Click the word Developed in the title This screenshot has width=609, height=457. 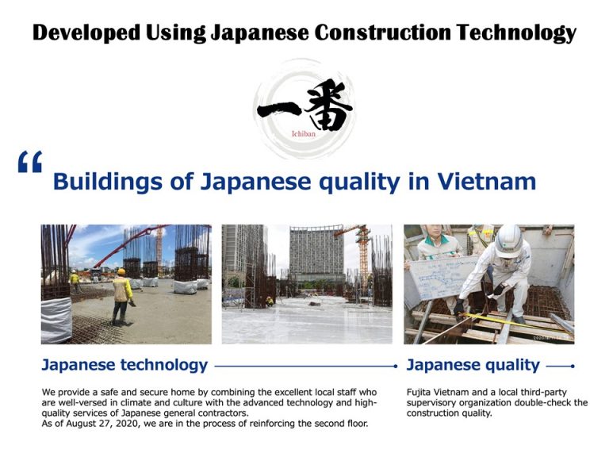(x=86, y=33)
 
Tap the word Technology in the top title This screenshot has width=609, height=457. (x=516, y=33)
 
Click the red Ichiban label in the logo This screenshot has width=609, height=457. (x=304, y=134)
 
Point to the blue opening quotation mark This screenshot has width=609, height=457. (x=30, y=162)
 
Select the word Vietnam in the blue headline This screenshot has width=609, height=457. (x=487, y=182)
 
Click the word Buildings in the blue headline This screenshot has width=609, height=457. (x=107, y=182)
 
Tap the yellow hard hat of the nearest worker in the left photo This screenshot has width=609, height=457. (x=121, y=271)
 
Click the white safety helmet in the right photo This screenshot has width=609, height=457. (x=508, y=241)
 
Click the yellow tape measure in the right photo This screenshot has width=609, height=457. (x=516, y=321)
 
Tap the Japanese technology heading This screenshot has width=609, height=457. (x=124, y=365)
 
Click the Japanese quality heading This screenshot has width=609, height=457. (x=473, y=365)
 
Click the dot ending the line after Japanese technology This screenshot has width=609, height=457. (x=396, y=366)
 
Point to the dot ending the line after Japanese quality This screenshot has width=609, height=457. (x=573, y=366)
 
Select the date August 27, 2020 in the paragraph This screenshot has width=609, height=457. (x=102, y=424)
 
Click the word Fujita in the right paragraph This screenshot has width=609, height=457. (x=419, y=392)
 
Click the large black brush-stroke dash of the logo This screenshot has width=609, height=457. (x=278, y=109)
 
